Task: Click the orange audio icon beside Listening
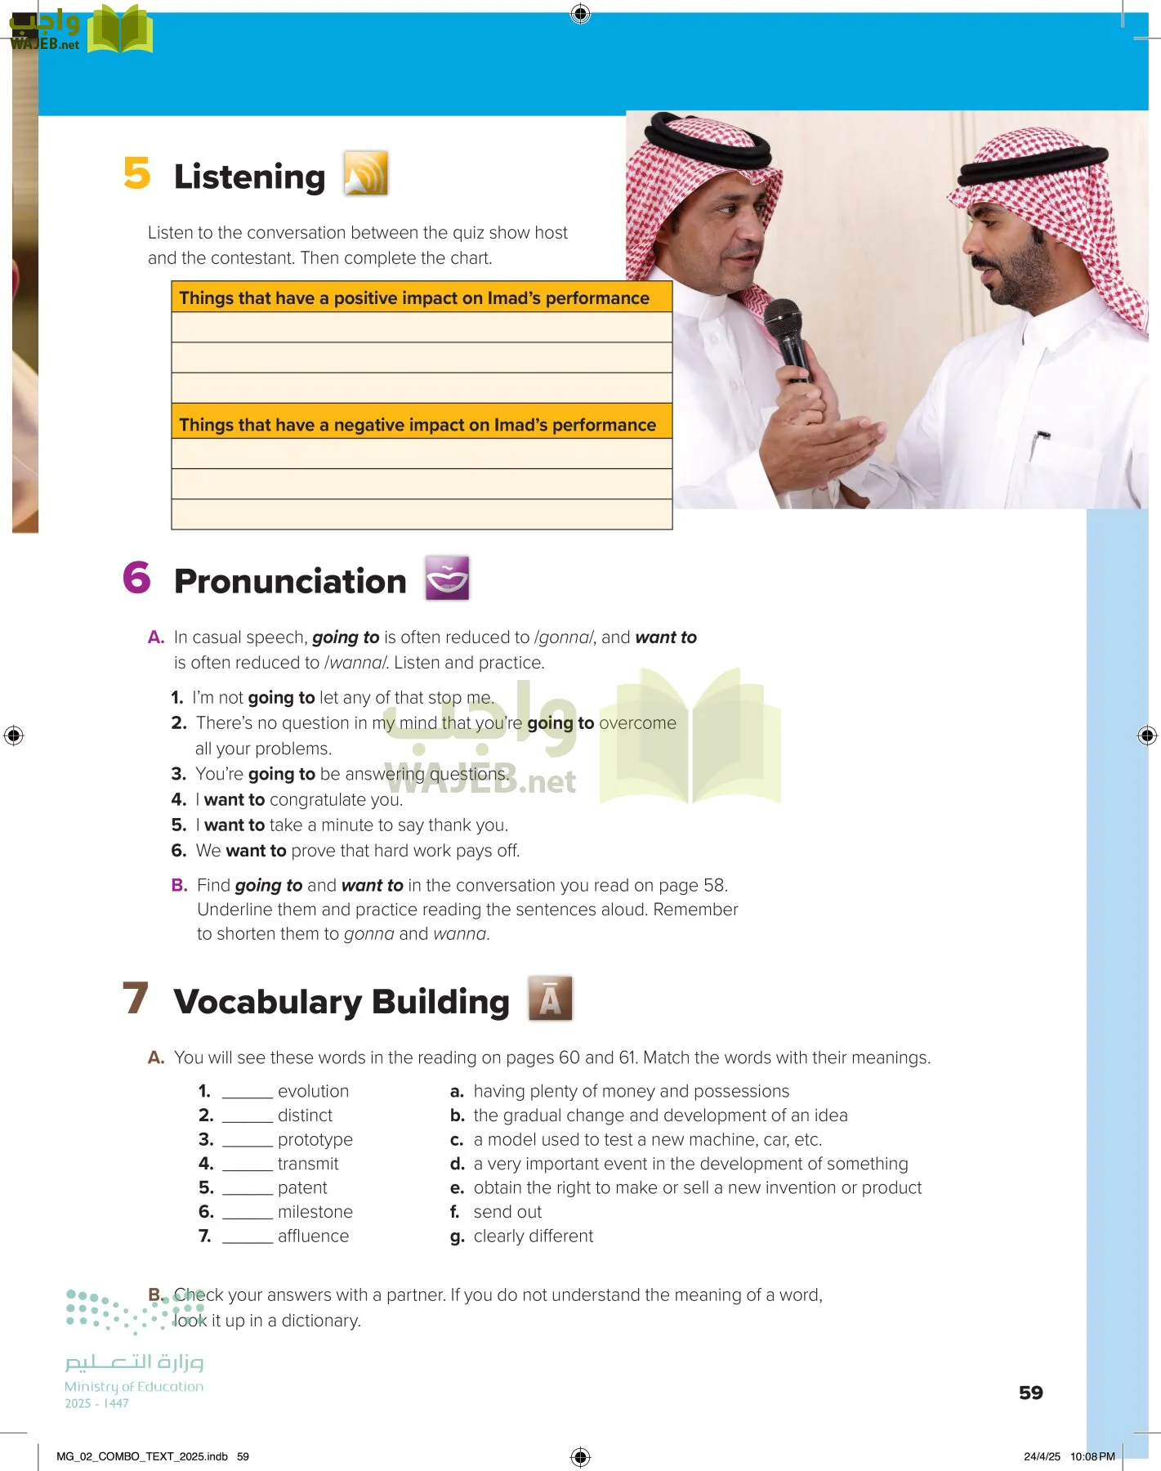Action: (x=365, y=173)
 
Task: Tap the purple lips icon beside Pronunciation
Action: (x=447, y=578)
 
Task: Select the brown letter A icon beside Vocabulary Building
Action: (x=550, y=998)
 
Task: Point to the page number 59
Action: (x=1030, y=1393)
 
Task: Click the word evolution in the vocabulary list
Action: (x=313, y=1091)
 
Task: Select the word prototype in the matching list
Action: (x=315, y=1139)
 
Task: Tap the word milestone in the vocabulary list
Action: (x=315, y=1212)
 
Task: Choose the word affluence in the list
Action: (x=313, y=1236)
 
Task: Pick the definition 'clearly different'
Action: (x=533, y=1236)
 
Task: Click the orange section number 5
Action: (x=137, y=173)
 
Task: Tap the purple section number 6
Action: (x=137, y=578)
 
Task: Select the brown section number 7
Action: (x=136, y=998)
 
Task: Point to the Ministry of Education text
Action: (x=134, y=1387)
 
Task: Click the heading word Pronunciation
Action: (x=290, y=581)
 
